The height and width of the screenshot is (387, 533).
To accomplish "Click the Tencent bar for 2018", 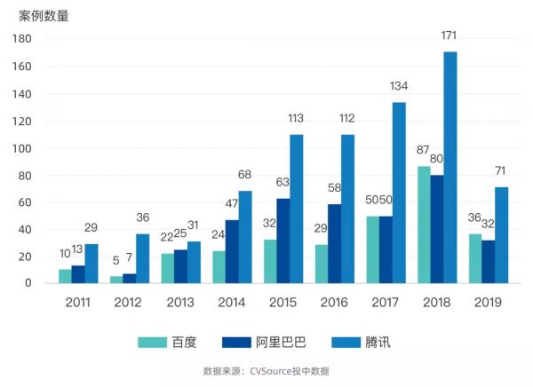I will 450,168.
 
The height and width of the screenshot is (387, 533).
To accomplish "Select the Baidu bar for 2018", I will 424,225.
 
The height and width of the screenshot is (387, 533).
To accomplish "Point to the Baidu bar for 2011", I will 65,276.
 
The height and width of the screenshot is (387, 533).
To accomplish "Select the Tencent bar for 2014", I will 245,237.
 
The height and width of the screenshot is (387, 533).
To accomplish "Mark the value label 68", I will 245,175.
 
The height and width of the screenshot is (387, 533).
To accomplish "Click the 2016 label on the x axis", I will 334,303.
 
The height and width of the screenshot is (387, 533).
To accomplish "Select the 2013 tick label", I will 180,303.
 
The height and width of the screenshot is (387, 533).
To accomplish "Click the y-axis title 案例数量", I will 44,15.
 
